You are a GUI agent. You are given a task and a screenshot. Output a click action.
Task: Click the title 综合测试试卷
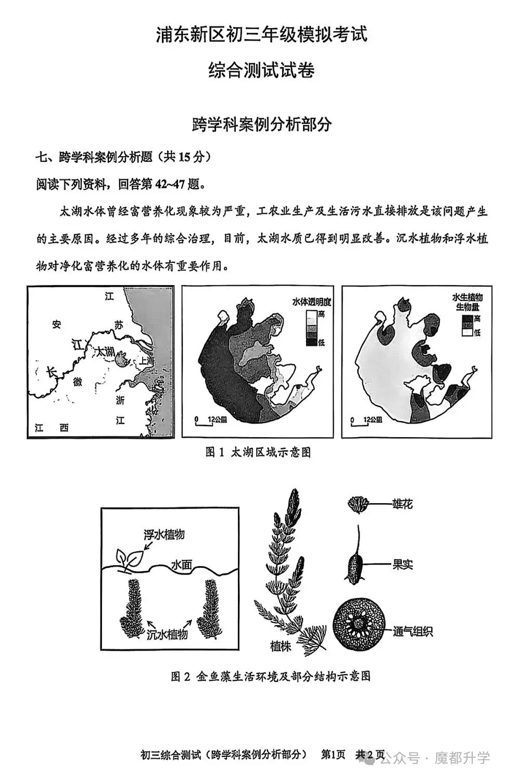[x=261, y=70]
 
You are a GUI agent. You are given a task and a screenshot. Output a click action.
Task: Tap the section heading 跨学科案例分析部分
[x=261, y=124]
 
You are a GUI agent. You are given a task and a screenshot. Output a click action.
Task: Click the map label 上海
[x=146, y=361]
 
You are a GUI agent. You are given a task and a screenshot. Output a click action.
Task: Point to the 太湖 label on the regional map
[x=103, y=352]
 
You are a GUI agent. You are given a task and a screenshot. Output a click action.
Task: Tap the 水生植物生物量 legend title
[x=467, y=302]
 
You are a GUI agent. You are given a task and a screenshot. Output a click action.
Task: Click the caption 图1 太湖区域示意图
[x=258, y=452]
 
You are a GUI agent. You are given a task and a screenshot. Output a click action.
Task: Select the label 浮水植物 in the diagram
[x=164, y=534]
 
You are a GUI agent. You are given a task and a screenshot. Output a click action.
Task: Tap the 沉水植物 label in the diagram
[x=167, y=634]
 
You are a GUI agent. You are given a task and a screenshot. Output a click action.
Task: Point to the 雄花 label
[x=402, y=504]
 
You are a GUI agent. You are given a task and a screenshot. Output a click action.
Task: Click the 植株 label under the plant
[x=281, y=646]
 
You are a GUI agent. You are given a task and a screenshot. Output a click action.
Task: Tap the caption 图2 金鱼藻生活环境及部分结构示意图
[x=270, y=676]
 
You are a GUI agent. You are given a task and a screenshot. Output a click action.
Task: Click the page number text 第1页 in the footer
[x=333, y=755]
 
